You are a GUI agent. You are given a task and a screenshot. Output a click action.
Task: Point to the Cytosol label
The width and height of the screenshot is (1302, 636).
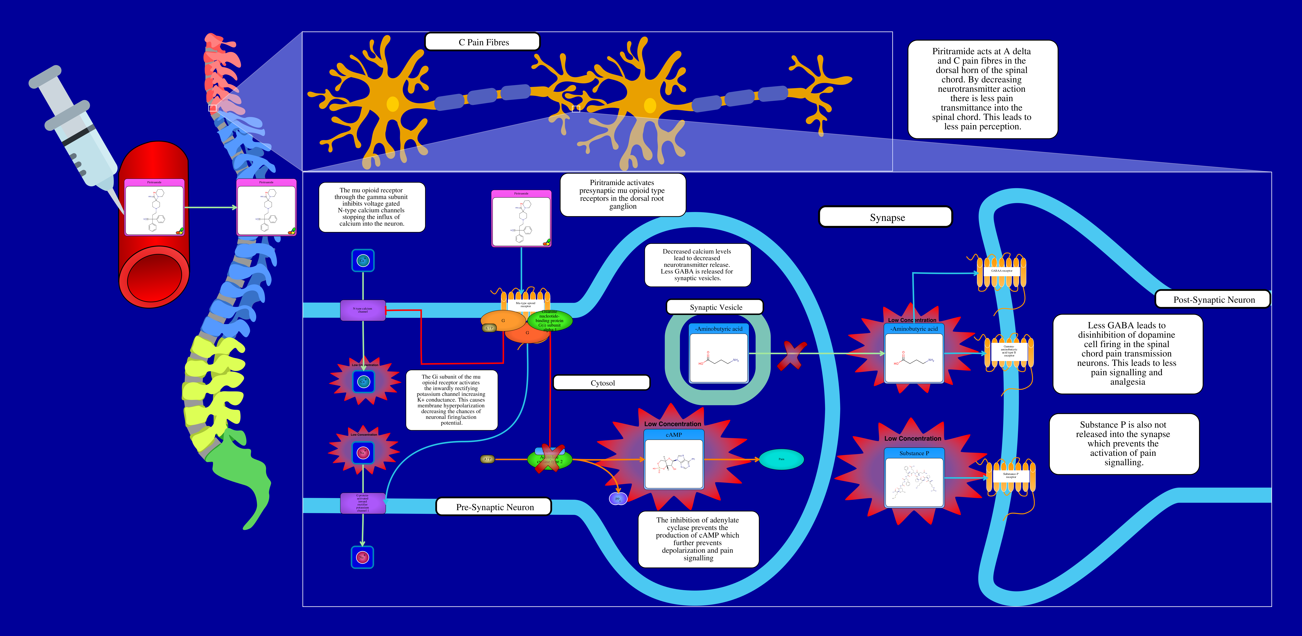pos(602,383)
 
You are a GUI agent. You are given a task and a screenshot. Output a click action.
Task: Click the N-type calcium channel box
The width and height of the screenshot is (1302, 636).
pos(363,310)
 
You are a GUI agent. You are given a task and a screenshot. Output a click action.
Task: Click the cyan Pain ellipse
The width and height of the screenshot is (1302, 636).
pos(781,459)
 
